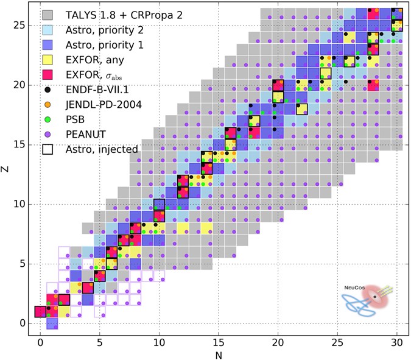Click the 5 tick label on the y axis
(x=23, y=264)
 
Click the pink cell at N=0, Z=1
(x=40, y=311)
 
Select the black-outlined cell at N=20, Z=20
(x=278, y=85)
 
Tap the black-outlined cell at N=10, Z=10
(x=160, y=204)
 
